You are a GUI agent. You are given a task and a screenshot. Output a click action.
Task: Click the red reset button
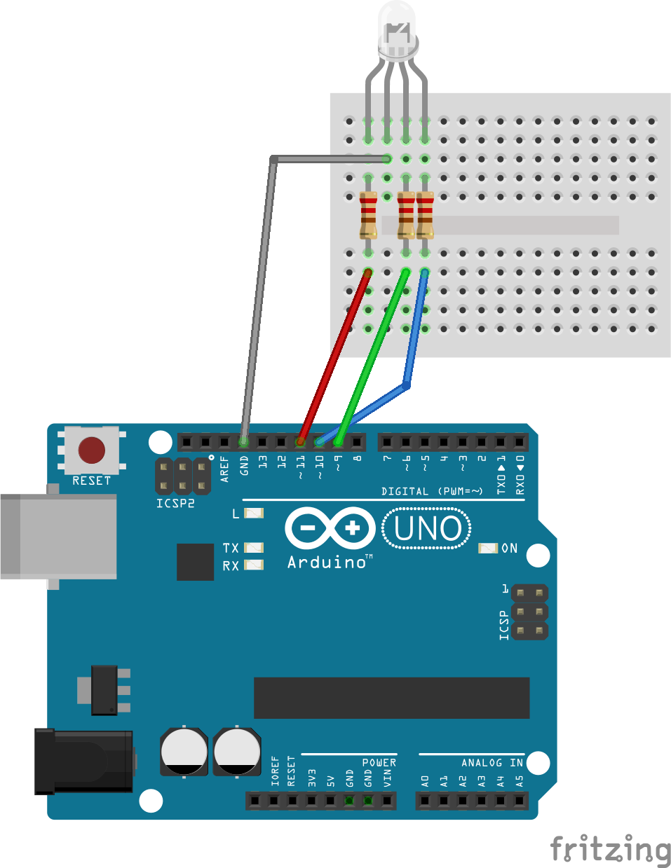92,450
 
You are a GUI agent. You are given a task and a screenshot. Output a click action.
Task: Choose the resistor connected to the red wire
368,216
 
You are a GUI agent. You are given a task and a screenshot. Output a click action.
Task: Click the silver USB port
59,536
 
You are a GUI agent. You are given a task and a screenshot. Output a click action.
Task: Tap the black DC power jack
84,761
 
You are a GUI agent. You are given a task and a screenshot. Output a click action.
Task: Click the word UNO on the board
427,529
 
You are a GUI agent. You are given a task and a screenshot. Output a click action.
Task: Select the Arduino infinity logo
330,528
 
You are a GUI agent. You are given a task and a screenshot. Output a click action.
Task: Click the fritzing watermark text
609,849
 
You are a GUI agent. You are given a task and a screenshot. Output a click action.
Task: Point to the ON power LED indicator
488,548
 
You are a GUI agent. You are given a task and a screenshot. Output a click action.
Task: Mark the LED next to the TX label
254,547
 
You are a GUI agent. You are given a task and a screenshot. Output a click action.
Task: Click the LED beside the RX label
254,565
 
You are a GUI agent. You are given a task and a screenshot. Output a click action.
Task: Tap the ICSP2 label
175,503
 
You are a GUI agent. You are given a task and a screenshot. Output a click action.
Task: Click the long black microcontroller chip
391,698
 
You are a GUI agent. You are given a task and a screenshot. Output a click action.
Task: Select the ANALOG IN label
492,762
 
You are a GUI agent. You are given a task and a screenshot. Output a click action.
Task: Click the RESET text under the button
92,481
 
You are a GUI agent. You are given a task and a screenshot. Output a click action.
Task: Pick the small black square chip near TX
195,562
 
